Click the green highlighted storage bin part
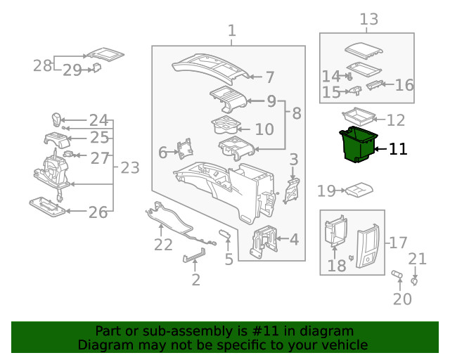tap(358, 146)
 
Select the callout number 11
tap(398, 149)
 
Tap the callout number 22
tap(163, 244)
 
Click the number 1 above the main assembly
tap(231, 31)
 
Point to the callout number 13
tap(368, 19)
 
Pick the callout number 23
tap(130, 168)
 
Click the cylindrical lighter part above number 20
tap(397, 274)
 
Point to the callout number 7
tap(270, 77)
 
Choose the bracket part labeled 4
tap(263, 239)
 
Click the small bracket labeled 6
tap(185, 150)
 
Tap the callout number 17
tap(399, 243)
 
